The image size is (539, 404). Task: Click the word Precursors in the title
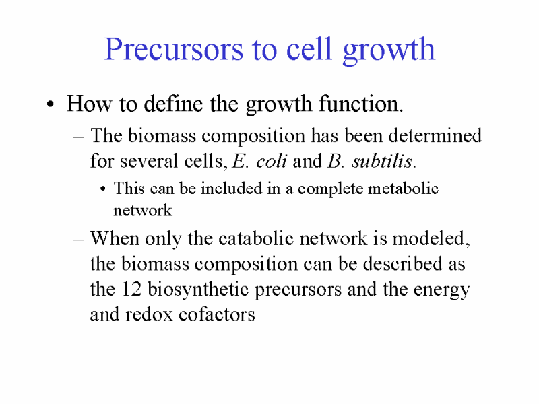coord(174,49)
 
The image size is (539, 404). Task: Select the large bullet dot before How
coord(51,104)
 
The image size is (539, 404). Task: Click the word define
coord(173,103)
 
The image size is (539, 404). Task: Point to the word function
coord(360,103)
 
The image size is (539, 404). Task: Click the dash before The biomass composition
coord(78,137)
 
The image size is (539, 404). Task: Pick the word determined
coord(435,135)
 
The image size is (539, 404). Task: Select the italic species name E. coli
coord(259,161)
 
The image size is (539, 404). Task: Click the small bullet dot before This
coord(103,189)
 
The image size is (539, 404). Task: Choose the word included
coord(231,189)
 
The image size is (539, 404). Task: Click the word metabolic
coord(403,189)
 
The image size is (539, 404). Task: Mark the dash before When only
coord(78,240)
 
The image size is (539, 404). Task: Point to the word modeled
coord(431,238)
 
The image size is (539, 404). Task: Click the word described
coord(402,263)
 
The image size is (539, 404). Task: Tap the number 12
coord(131,290)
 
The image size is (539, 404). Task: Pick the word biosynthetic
coord(198,290)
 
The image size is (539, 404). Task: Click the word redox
coord(148,314)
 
